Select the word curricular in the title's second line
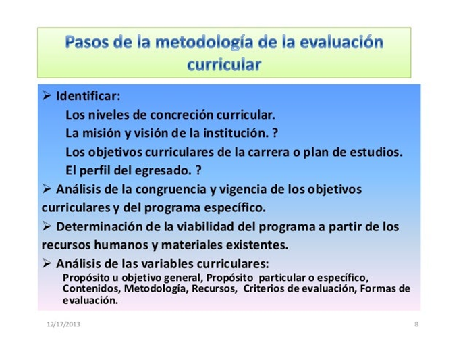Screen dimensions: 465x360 224,65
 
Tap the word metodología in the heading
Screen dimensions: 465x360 204,43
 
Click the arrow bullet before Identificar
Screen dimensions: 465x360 47,95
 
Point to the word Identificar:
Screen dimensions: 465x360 88,96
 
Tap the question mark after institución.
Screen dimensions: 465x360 275,133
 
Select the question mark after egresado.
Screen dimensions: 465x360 198,170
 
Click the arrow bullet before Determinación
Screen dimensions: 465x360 47,226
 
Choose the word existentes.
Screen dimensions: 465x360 257,245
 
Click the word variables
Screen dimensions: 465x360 167,263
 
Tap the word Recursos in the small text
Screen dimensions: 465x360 214,288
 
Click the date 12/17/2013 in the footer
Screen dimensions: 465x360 63,324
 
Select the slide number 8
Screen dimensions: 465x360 416,324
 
